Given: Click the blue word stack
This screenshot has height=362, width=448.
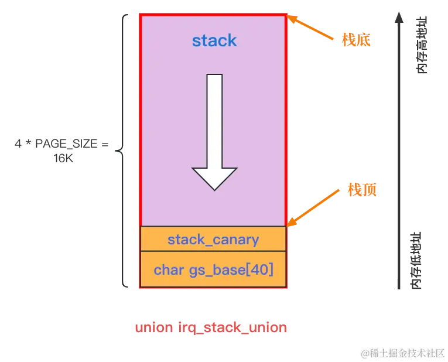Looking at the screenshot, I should (x=214, y=40).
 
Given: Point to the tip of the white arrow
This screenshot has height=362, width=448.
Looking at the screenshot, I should (x=215, y=189).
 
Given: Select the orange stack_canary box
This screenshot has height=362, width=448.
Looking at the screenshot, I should (x=213, y=239).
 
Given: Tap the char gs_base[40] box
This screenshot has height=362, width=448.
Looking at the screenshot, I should (x=213, y=269).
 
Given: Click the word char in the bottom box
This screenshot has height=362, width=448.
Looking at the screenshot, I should (x=169, y=269).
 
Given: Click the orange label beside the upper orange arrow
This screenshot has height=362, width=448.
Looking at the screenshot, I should (x=357, y=39).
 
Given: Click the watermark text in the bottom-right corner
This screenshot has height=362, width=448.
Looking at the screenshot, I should (x=402, y=352).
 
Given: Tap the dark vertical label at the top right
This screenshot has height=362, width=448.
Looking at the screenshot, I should (x=421, y=45).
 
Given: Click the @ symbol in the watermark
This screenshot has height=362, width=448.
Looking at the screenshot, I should (x=364, y=353).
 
